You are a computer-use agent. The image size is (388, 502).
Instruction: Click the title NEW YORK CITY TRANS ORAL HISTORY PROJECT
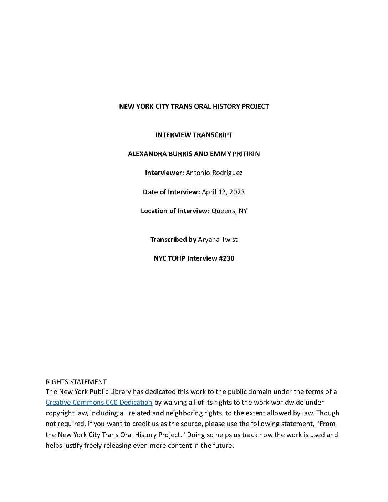click(194, 106)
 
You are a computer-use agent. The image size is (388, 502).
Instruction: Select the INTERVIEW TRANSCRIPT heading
click(194, 135)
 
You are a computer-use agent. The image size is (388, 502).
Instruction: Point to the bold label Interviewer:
click(164, 173)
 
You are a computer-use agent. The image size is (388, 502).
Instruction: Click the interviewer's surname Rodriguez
click(227, 173)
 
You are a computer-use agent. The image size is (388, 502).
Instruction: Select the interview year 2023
click(237, 192)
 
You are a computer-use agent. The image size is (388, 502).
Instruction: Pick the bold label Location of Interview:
click(175, 211)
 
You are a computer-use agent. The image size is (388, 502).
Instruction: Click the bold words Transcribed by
click(173, 239)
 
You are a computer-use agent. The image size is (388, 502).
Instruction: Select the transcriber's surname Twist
click(229, 239)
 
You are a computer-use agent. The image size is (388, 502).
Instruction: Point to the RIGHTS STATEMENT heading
click(76, 382)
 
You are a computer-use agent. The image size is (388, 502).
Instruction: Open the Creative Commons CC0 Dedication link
click(99, 402)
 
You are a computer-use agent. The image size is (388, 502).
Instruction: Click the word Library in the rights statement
click(120, 391)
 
